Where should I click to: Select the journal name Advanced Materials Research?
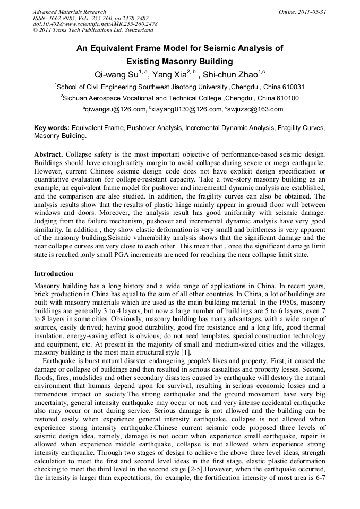click(x=69, y=12)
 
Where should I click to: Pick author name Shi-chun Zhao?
click(x=229, y=74)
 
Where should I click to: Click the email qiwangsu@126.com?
click(x=115, y=109)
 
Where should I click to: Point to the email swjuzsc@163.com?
click(x=254, y=109)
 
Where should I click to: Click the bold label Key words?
click(x=52, y=128)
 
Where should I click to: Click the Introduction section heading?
click(x=54, y=274)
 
